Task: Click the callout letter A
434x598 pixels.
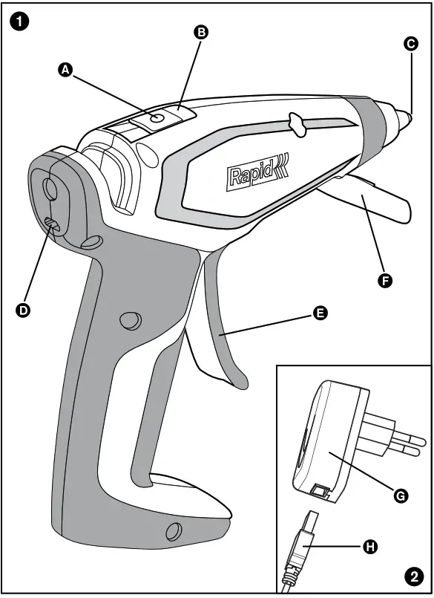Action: (x=65, y=69)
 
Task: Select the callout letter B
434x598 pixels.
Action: (x=200, y=32)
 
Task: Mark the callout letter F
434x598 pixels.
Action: (x=385, y=281)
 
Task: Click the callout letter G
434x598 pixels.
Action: (x=401, y=495)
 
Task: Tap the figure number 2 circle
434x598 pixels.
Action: (x=412, y=576)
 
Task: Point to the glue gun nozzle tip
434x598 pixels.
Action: (x=407, y=117)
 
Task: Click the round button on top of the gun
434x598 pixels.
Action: (x=157, y=118)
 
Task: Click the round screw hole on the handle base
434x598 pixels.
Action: (x=174, y=530)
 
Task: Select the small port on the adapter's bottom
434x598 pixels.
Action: (x=320, y=491)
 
